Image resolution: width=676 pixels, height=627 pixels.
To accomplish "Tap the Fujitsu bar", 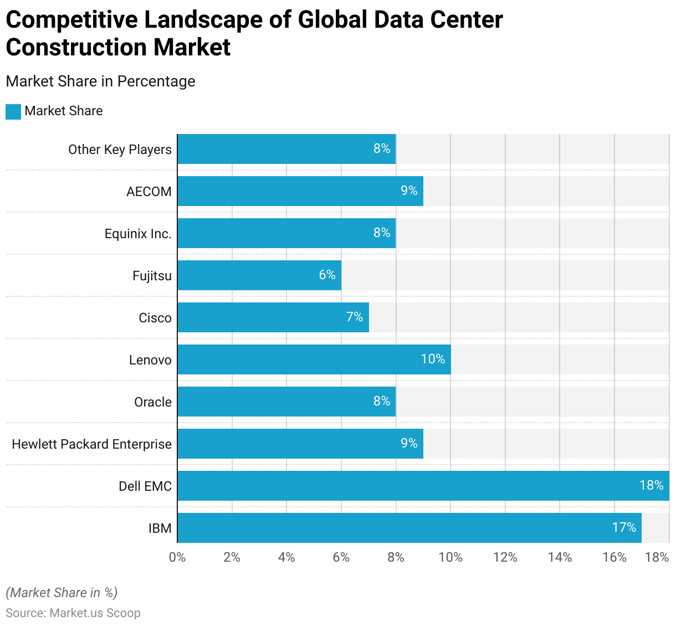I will [259, 275].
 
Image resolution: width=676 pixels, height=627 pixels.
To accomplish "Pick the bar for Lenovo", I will [314, 359].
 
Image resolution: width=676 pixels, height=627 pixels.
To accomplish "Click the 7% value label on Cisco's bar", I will [355, 317].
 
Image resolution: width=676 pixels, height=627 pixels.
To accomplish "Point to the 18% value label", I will [651, 485].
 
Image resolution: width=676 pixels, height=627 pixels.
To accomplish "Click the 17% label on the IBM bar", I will [624, 527].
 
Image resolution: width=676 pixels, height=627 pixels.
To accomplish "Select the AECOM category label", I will [149, 192].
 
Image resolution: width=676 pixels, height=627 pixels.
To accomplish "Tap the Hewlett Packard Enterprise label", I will [92, 444].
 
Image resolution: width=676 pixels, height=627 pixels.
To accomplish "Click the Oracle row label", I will [153, 402].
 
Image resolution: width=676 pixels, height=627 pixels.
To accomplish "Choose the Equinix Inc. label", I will [138, 234].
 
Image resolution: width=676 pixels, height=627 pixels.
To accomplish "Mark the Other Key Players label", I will [120, 150].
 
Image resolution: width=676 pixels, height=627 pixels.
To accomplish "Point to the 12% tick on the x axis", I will [505, 557].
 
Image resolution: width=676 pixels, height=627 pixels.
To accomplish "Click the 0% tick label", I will [177, 557].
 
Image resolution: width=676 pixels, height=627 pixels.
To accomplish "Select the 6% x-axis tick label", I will [341, 557].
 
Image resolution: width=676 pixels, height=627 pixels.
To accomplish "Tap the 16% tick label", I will [614, 557].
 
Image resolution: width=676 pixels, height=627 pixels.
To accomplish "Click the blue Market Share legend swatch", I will [13, 111].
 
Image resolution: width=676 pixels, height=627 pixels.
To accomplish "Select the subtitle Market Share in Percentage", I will [100, 81].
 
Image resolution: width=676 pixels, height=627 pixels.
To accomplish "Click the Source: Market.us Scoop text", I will [73, 613].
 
